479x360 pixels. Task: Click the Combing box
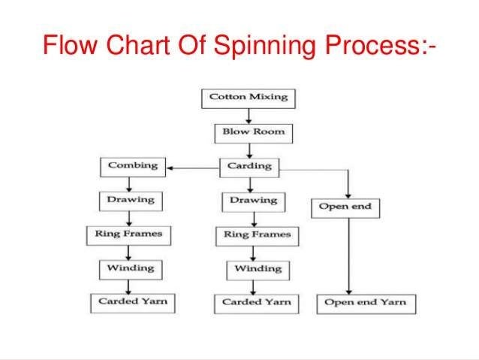coord(131,165)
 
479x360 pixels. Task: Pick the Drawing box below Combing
coord(130,200)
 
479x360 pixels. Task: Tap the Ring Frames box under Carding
coord(257,235)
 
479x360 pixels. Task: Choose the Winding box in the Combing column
coord(130,268)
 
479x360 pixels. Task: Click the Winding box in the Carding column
coord(258,269)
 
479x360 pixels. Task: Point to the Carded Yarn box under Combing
coord(132,302)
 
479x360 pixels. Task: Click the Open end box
coord(345,207)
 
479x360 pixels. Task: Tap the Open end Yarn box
coord(365,303)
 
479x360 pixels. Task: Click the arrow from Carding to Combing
coord(191,168)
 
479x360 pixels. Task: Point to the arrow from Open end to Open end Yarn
coord(348,256)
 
